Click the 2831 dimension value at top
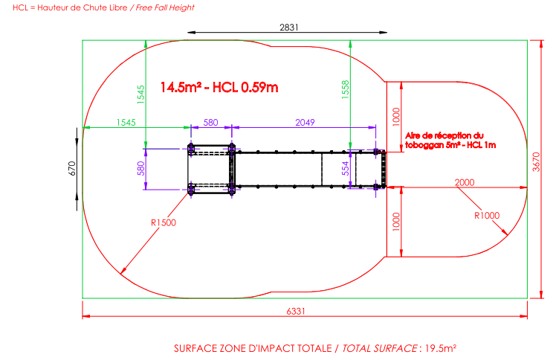click(289, 28)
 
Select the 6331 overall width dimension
click(296, 312)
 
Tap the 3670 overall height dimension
click(536, 162)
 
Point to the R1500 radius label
click(164, 222)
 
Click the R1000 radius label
click(487, 215)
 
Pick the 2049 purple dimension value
click(305, 123)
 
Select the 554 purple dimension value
click(346, 168)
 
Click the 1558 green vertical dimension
click(346, 89)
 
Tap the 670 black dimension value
click(71, 168)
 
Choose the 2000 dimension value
click(465, 182)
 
